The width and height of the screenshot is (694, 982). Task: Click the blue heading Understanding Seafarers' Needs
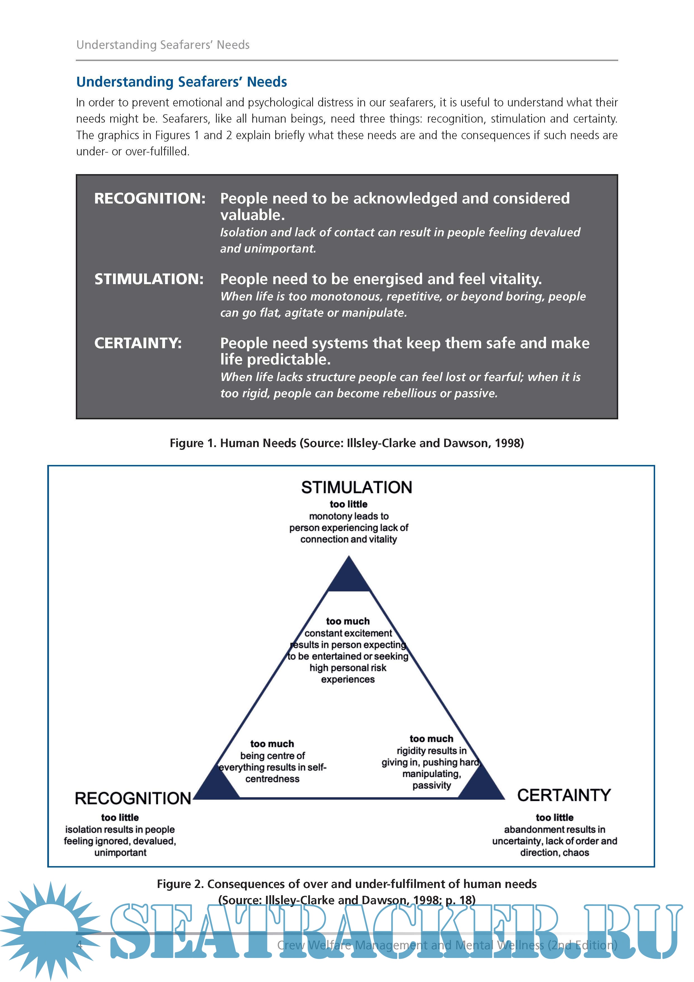(181, 82)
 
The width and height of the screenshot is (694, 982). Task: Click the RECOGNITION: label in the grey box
(150, 198)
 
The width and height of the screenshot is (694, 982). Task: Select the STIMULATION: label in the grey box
(149, 279)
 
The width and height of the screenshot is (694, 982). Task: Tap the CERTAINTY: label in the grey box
(138, 343)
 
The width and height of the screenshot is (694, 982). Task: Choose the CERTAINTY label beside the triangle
(564, 795)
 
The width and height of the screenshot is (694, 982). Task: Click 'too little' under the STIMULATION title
(348, 504)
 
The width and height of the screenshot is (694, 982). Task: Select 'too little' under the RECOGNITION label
(120, 817)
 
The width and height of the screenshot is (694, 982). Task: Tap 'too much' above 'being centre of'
(272, 744)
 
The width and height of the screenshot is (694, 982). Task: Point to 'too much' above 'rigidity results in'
(431, 739)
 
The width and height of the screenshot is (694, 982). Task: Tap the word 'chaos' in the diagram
(576, 852)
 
